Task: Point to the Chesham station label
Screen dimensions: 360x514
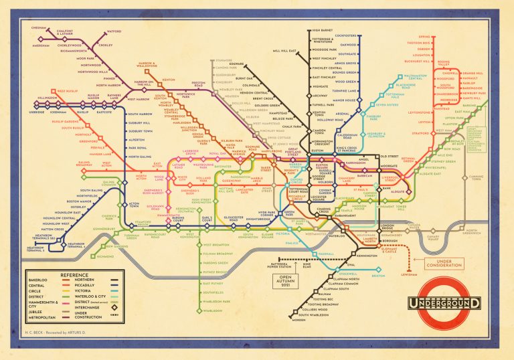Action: point(38,28)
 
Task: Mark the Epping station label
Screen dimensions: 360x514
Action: point(424,36)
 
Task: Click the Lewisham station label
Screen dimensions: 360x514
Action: point(426,274)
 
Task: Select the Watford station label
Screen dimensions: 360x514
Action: point(114,31)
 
